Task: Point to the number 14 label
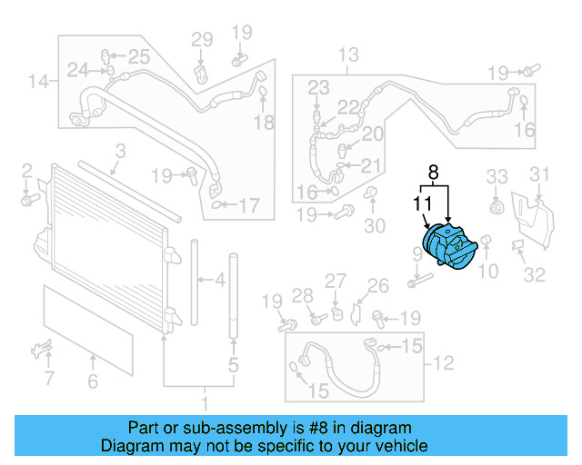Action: point(37,83)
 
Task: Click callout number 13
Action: point(348,56)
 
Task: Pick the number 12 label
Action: point(443,364)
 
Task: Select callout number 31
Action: point(540,175)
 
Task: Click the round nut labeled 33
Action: point(496,208)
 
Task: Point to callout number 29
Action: point(201,39)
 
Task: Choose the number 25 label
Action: point(137,57)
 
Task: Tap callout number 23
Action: point(317,87)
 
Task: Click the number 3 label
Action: point(120,152)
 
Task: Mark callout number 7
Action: point(49,377)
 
